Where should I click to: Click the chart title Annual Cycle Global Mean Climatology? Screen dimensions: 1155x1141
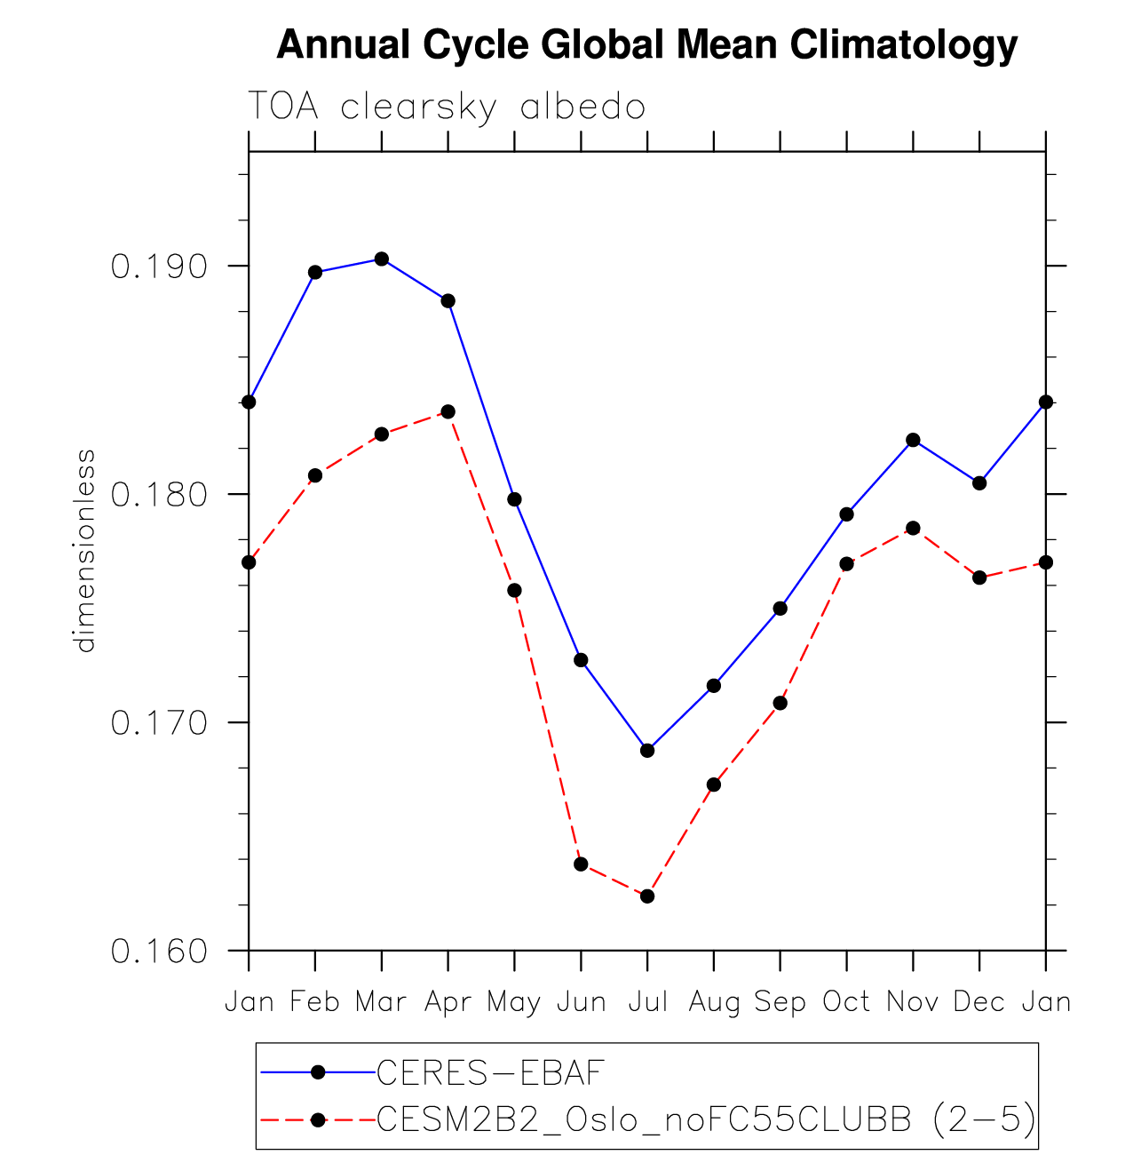click(646, 44)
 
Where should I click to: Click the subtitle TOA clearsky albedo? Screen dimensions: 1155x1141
click(446, 107)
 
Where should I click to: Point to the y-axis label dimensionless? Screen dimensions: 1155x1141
click(84, 551)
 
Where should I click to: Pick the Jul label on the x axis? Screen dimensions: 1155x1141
click(647, 1002)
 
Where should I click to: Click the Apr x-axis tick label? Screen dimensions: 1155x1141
click(448, 1002)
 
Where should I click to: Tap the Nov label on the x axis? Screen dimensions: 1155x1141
click(913, 1002)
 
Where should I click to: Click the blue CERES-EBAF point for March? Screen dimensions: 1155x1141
click(382, 259)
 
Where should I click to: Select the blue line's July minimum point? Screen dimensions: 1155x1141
click(647, 751)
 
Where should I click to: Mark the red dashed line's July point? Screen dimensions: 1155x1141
click(647, 896)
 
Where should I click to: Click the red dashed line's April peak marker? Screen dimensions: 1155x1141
click(448, 411)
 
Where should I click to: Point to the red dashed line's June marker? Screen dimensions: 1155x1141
click(581, 864)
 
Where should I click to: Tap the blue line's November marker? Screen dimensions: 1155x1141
click(913, 440)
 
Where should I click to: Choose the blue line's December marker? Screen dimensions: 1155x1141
click(979, 482)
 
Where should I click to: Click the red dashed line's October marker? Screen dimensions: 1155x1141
click(846, 564)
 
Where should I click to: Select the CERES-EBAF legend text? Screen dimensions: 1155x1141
click(490, 1073)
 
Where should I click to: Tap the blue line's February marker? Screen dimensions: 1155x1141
click(315, 272)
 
